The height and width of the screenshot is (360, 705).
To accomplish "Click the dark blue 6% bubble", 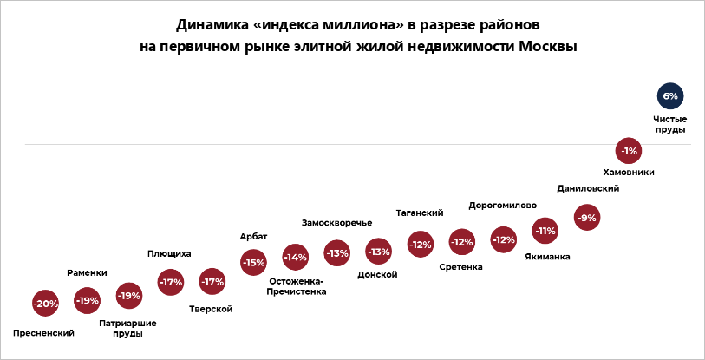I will click(669, 96).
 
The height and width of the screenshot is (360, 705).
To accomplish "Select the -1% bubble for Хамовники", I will click(629, 151).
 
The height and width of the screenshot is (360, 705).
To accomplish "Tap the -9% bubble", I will click(587, 218).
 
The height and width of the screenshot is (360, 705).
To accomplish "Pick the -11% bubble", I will click(545, 231).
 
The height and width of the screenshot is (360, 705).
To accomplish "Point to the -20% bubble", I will click(45, 304).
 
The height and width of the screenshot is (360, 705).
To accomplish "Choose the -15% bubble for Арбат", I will click(253, 262).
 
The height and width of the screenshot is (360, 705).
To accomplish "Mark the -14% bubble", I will click(296, 258).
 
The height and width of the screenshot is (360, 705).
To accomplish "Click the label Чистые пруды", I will click(669, 124).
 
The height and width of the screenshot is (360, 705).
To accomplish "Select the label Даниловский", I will click(587, 188).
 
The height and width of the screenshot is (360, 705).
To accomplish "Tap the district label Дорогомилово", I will click(502, 206).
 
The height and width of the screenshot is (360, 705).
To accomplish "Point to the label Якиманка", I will click(548, 257).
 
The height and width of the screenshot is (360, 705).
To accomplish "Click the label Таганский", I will click(420, 213).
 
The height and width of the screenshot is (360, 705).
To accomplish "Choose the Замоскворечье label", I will click(336, 223).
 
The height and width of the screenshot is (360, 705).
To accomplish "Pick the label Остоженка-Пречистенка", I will click(297, 286).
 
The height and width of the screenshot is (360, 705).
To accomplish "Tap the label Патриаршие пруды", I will click(127, 328).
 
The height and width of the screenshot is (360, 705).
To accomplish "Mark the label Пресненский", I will click(44, 333).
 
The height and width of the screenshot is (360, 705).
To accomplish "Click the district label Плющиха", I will click(169, 253).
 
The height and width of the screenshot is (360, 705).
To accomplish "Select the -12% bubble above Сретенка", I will click(461, 242).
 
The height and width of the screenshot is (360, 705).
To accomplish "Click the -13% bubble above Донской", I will click(378, 252).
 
